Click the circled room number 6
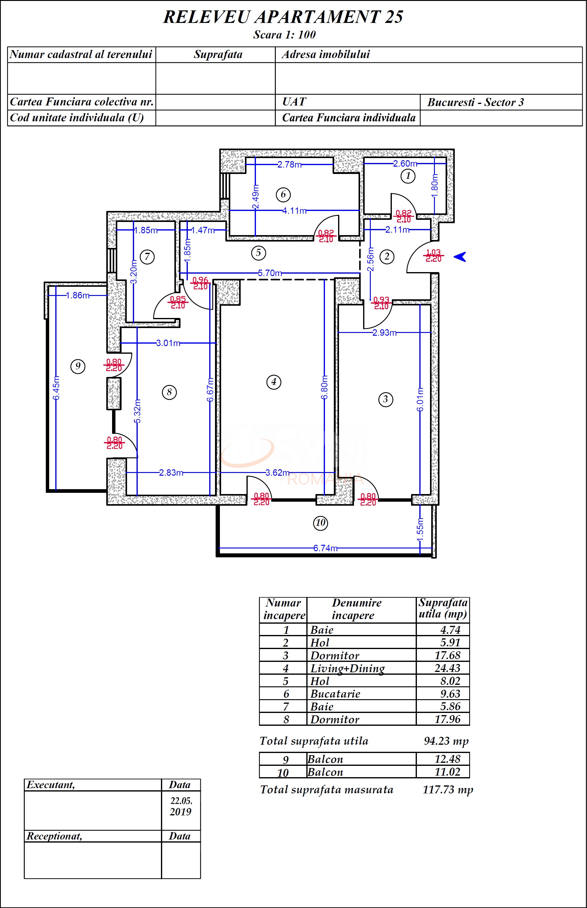click(283, 194)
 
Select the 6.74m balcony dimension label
click(325, 548)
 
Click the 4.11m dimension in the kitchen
click(294, 211)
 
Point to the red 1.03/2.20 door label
click(433, 256)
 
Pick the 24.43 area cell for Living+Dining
click(447, 668)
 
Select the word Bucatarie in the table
click(335, 694)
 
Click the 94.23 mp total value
click(446, 741)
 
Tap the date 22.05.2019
click(181, 806)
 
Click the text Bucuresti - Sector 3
click(475, 102)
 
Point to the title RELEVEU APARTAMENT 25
click(283, 17)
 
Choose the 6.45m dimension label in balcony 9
click(56, 388)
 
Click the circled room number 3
click(385, 400)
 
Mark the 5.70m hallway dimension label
click(270, 273)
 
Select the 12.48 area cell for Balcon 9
click(447, 759)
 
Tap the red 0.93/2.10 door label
click(381, 303)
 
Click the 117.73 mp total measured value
click(447, 789)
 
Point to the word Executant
click(51, 785)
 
